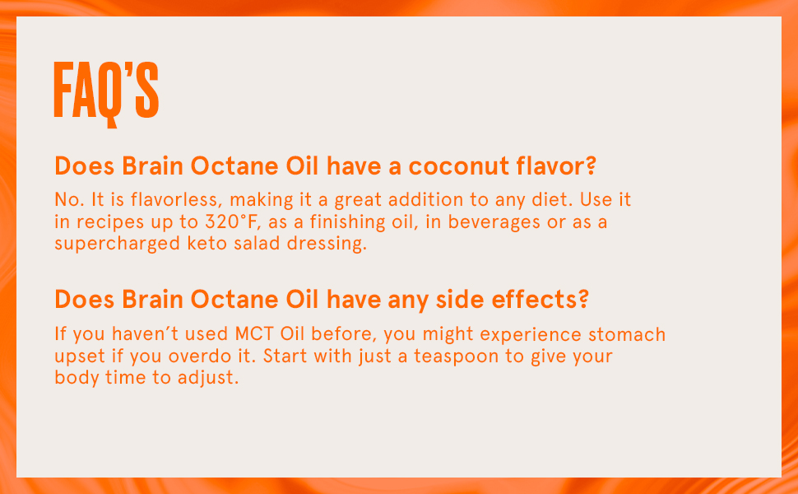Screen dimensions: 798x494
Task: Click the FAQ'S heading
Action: (x=106, y=95)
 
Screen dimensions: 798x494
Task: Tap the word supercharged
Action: (x=117, y=245)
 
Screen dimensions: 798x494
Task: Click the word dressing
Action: (x=327, y=245)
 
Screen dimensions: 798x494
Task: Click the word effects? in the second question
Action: (x=539, y=299)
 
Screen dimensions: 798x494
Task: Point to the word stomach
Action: (x=627, y=334)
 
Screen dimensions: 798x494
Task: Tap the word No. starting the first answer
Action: (x=70, y=200)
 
